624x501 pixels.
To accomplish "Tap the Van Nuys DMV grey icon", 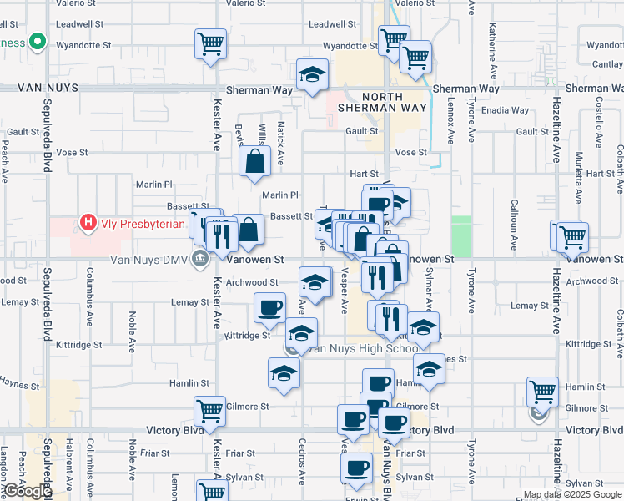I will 200,259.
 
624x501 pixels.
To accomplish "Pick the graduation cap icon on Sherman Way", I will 312,75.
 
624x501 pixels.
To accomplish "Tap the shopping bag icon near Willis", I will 254,163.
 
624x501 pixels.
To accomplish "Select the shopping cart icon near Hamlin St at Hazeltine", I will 542,391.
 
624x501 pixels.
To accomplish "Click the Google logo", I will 27,491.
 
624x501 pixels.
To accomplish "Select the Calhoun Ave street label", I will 515,230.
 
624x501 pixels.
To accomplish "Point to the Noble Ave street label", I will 132,328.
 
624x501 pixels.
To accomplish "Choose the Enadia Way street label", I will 506,110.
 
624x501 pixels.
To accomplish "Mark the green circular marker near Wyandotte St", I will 37,41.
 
